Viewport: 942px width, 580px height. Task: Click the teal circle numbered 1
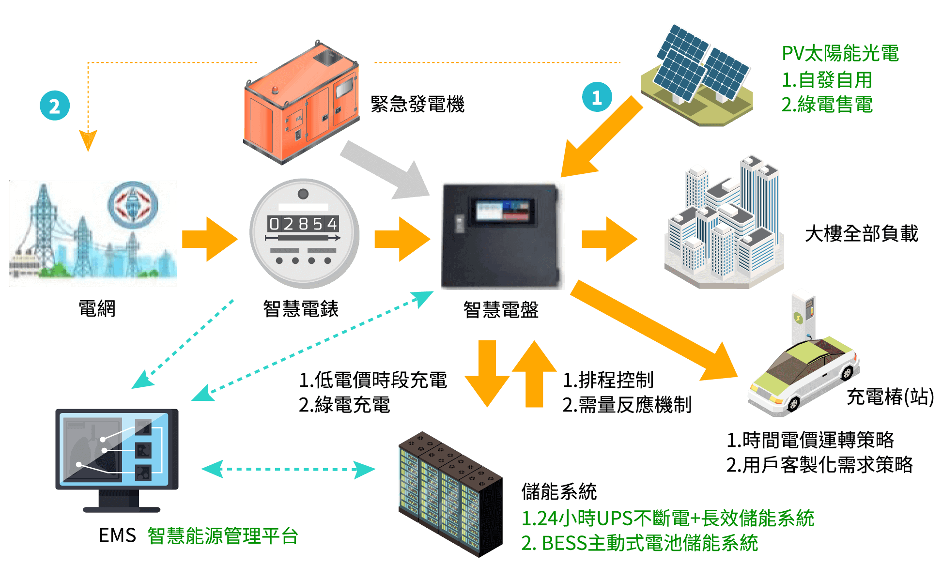point(597,97)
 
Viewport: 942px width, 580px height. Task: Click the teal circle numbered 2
point(55,106)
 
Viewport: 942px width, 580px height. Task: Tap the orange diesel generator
point(301,103)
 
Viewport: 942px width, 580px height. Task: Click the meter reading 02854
point(304,224)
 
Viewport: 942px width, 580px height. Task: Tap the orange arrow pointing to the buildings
point(609,239)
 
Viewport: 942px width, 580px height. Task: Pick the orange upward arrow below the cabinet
point(534,373)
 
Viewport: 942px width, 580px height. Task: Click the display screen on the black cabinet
point(503,210)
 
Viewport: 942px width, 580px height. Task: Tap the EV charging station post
point(803,317)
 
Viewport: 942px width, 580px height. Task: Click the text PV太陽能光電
point(840,53)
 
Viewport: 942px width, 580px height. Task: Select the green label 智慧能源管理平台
point(223,536)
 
